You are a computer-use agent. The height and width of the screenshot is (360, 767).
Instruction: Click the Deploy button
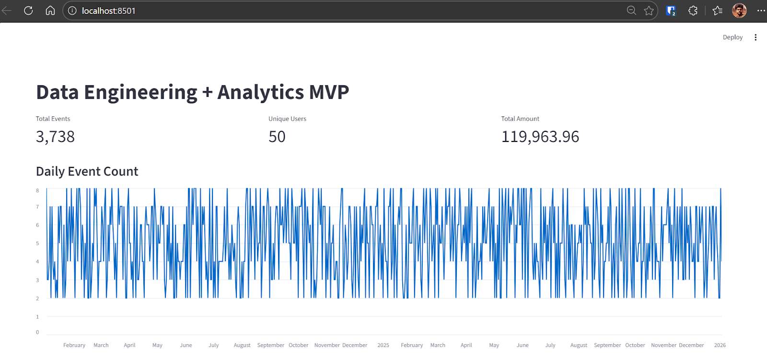coord(732,37)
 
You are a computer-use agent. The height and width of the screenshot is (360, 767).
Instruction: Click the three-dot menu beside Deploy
coord(755,37)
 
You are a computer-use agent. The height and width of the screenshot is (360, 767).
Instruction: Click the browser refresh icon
coord(28,11)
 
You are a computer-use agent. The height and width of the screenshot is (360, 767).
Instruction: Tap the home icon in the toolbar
coord(50,11)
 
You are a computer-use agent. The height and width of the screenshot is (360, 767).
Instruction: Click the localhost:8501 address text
coord(108,11)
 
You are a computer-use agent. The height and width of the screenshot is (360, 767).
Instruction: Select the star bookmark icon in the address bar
coord(649,11)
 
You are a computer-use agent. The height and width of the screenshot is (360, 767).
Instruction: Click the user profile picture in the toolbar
coord(739,11)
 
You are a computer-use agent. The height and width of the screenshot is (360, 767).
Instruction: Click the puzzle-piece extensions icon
coord(693,11)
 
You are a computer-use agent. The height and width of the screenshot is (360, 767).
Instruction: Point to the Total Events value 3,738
coord(55,137)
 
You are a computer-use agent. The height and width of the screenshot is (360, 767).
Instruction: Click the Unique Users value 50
coord(277,137)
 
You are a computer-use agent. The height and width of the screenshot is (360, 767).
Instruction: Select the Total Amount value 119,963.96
coord(540,137)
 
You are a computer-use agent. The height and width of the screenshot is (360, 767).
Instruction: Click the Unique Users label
coord(287,119)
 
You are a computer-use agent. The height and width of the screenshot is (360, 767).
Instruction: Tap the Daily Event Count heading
coord(87,172)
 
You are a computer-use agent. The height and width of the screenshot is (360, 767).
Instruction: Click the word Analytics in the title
coord(260,92)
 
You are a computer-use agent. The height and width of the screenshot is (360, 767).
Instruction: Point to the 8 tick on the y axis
coord(37,191)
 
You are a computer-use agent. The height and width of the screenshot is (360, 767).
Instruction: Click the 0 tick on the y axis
coord(37,332)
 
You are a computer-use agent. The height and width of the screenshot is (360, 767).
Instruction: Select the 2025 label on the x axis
coord(383,345)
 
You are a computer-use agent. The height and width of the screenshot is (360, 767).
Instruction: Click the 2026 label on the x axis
coord(720,345)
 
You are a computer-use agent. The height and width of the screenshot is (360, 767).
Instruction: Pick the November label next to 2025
coord(327,345)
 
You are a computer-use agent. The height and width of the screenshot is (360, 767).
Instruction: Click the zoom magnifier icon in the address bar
coord(631,11)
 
